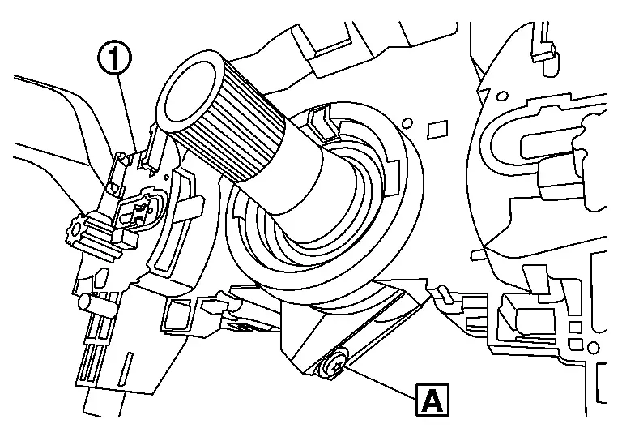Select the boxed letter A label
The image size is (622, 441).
click(x=432, y=400)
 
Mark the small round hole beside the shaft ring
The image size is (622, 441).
click(x=408, y=123)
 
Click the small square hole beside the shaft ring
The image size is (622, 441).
click(x=437, y=127)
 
